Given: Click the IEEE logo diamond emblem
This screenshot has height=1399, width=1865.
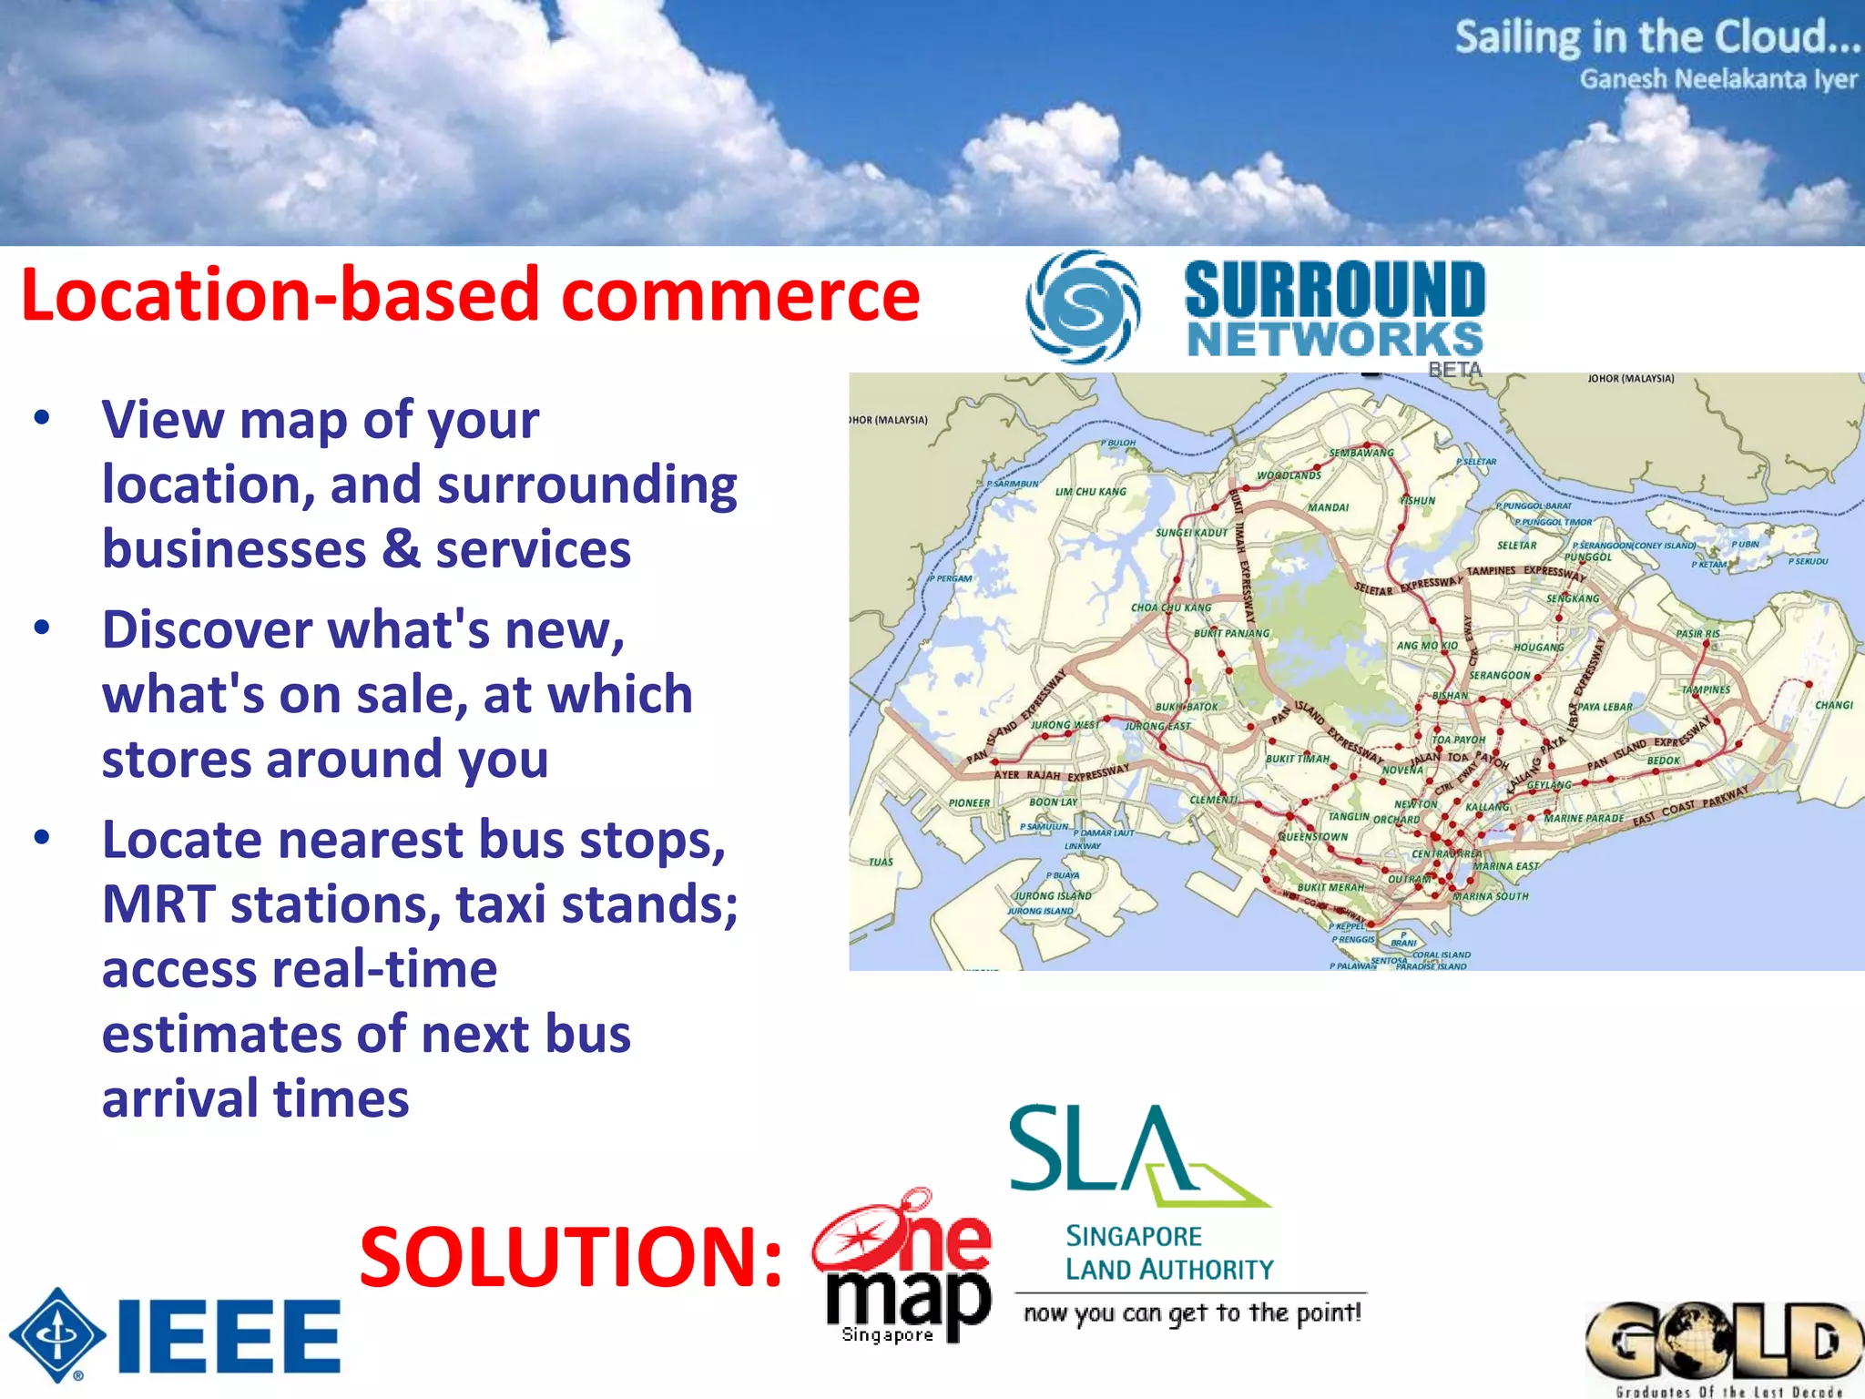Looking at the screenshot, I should coord(57,1335).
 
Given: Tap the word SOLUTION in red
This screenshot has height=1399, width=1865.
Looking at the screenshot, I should coord(570,1258).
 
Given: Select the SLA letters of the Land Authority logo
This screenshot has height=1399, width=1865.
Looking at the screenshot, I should coord(1102,1149).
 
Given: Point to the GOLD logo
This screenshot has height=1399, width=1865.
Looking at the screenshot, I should coord(1723,1343).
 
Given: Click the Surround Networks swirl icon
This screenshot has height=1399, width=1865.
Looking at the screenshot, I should coord(1082,307).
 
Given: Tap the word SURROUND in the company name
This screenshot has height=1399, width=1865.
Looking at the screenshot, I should coord(1335,290).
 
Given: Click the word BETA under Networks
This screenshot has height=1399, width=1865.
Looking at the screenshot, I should coord(1454,370).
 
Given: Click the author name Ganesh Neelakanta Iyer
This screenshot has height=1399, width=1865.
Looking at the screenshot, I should coord(1717,79).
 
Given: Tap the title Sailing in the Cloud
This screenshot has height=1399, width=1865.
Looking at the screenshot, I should coord(1656,37).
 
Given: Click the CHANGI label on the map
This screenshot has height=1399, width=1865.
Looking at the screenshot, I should coord(1833,705).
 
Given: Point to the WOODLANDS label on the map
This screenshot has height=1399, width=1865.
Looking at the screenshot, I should coord(1289,475).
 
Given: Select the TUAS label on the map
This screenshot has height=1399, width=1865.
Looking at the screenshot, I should coord(881,862).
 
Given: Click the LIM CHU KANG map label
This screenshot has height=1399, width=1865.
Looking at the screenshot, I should coord(1090,492).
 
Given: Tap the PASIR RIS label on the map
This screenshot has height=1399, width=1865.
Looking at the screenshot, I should coord(1697,634).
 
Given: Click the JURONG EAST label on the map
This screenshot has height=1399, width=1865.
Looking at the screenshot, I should coord(1157,727).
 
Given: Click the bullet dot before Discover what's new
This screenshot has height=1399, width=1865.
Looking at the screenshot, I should coord(42,628).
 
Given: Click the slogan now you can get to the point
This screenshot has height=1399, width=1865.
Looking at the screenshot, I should coord(1192,1312).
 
